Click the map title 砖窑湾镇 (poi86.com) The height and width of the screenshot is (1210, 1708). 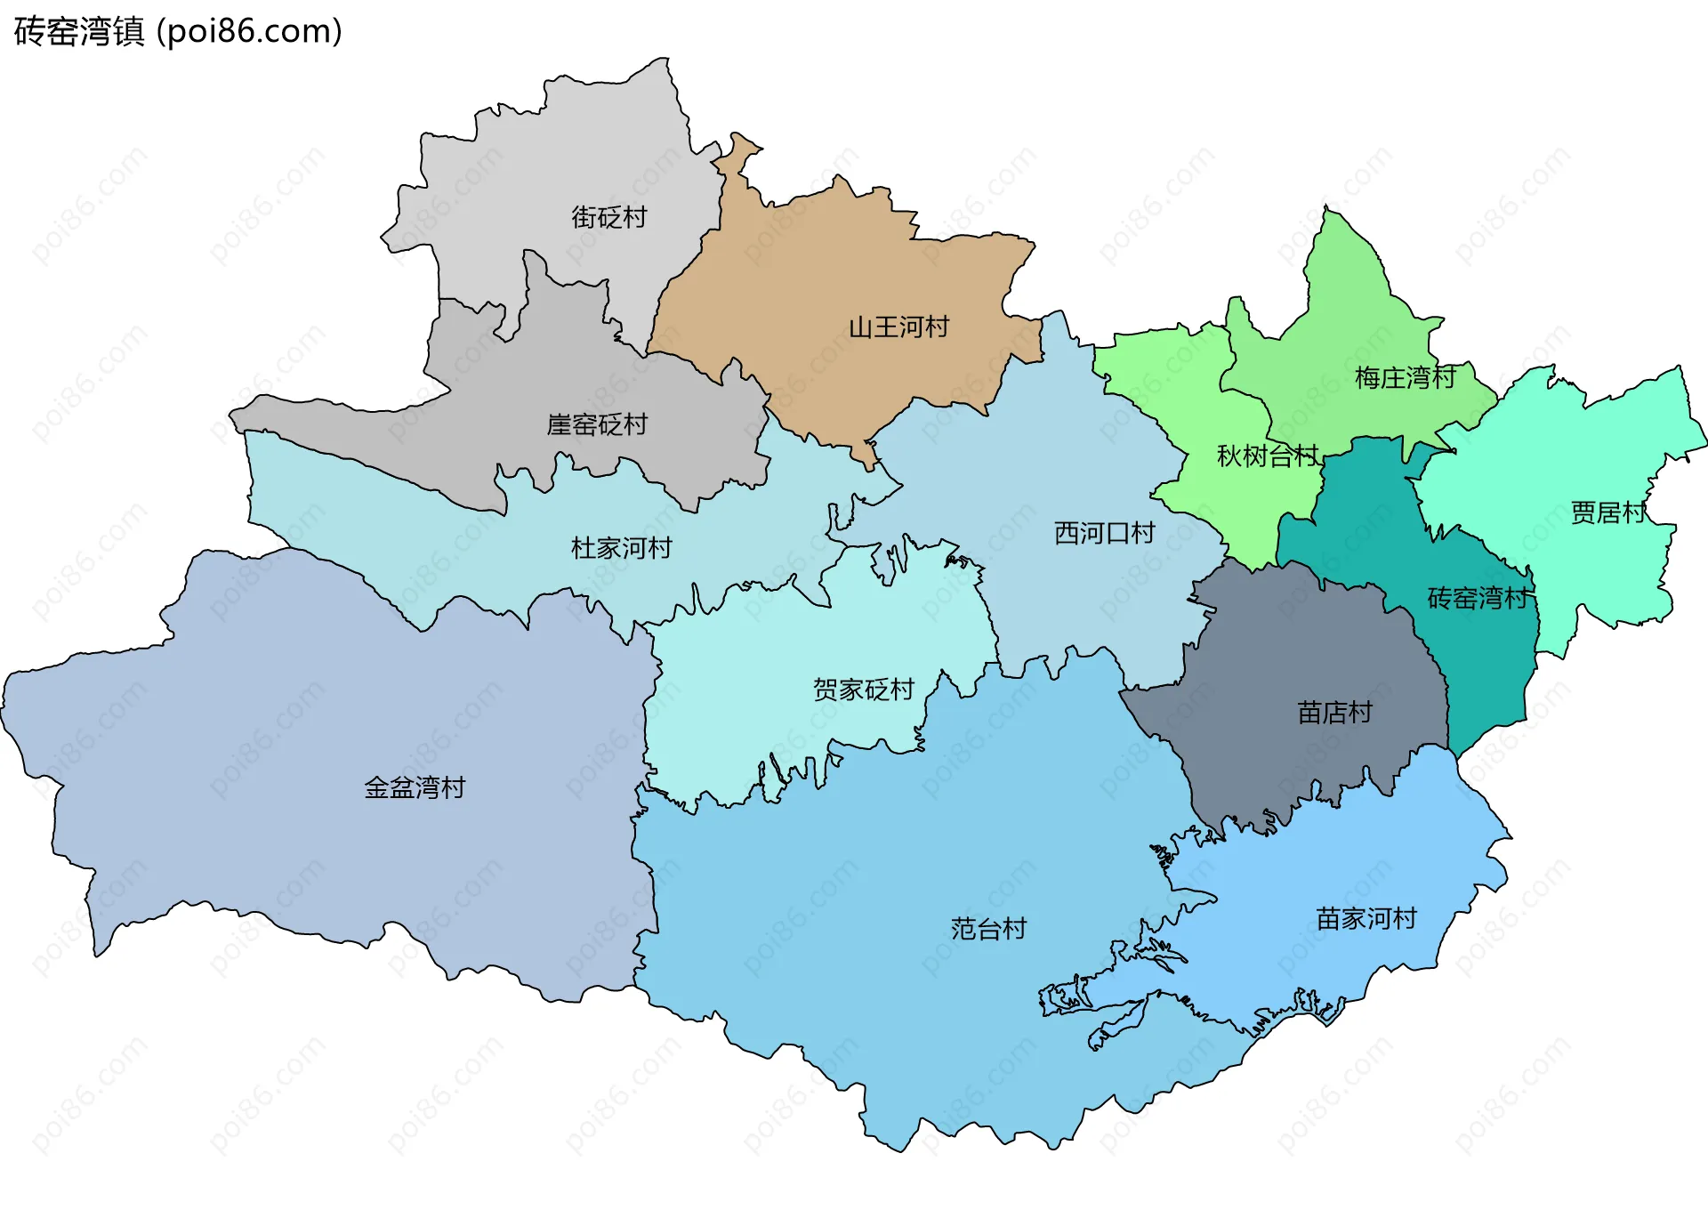178,32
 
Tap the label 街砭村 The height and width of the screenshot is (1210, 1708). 608,217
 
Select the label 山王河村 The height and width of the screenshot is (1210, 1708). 898,327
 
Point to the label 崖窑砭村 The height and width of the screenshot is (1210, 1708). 596,424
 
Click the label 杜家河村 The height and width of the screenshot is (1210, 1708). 621,548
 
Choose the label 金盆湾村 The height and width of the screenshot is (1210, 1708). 415,787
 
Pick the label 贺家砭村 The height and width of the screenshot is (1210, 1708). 863,690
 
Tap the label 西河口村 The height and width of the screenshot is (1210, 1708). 1104,533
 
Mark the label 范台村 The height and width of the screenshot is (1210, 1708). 988,929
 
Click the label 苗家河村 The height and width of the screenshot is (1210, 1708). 1366,918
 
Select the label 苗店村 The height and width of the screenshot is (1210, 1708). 1334,713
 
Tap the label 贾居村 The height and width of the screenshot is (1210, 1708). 1608,512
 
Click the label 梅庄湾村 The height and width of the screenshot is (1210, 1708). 1405,378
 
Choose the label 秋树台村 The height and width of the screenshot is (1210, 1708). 1267,456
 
